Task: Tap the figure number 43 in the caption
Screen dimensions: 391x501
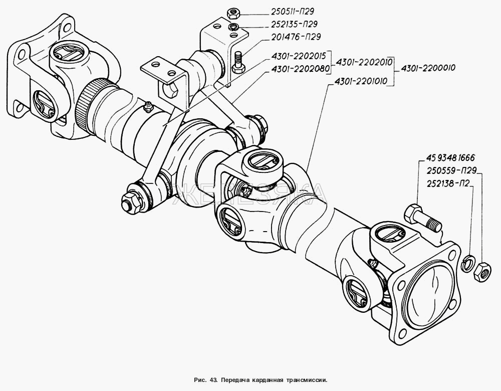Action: (212, 379)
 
